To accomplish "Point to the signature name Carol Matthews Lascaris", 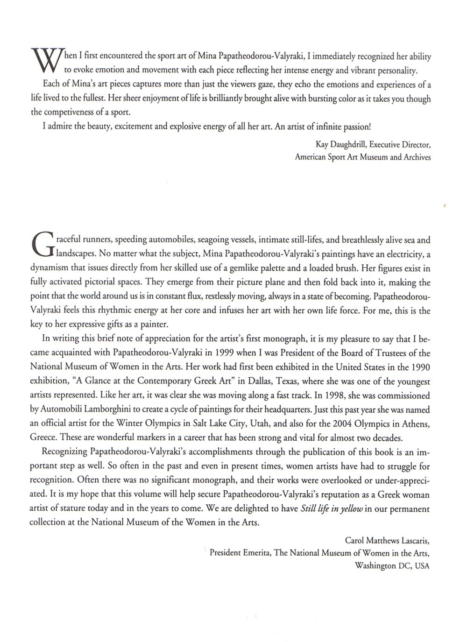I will (x=387, y=541).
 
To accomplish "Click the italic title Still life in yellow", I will (x=332, y=509).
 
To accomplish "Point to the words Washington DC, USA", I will (x=392, y=565).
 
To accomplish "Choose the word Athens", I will (x=415, y=424).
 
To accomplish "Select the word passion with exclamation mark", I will (x=355, y=127).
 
